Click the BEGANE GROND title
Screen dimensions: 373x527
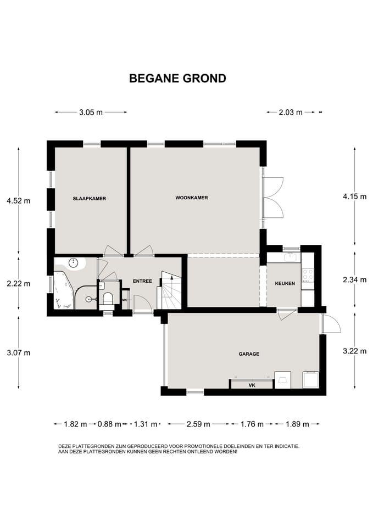point(177,79)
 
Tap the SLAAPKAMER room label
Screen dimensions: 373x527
point(90,199)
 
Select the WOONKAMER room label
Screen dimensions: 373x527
point(192,198)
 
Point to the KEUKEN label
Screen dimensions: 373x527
point(285,283)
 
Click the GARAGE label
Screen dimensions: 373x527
point(249,354)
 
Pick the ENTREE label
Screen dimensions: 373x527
point(142,281)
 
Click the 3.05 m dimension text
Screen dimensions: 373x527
point(91,112)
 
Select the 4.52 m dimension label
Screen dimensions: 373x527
point(19,201)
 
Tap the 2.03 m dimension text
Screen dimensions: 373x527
point(291,112)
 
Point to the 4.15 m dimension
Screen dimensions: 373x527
point(355,197)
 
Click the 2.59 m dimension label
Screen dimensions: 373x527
point(198,424)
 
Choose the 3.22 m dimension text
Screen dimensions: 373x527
point(355,351)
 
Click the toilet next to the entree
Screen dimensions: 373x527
point(108,299)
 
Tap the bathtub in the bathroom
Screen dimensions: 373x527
point(64,290)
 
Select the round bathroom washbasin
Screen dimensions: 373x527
point(73,262)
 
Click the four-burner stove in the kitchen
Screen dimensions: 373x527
point(308,274)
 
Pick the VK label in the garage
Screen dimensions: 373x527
point(252,385)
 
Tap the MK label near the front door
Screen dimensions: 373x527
point(125,300)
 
